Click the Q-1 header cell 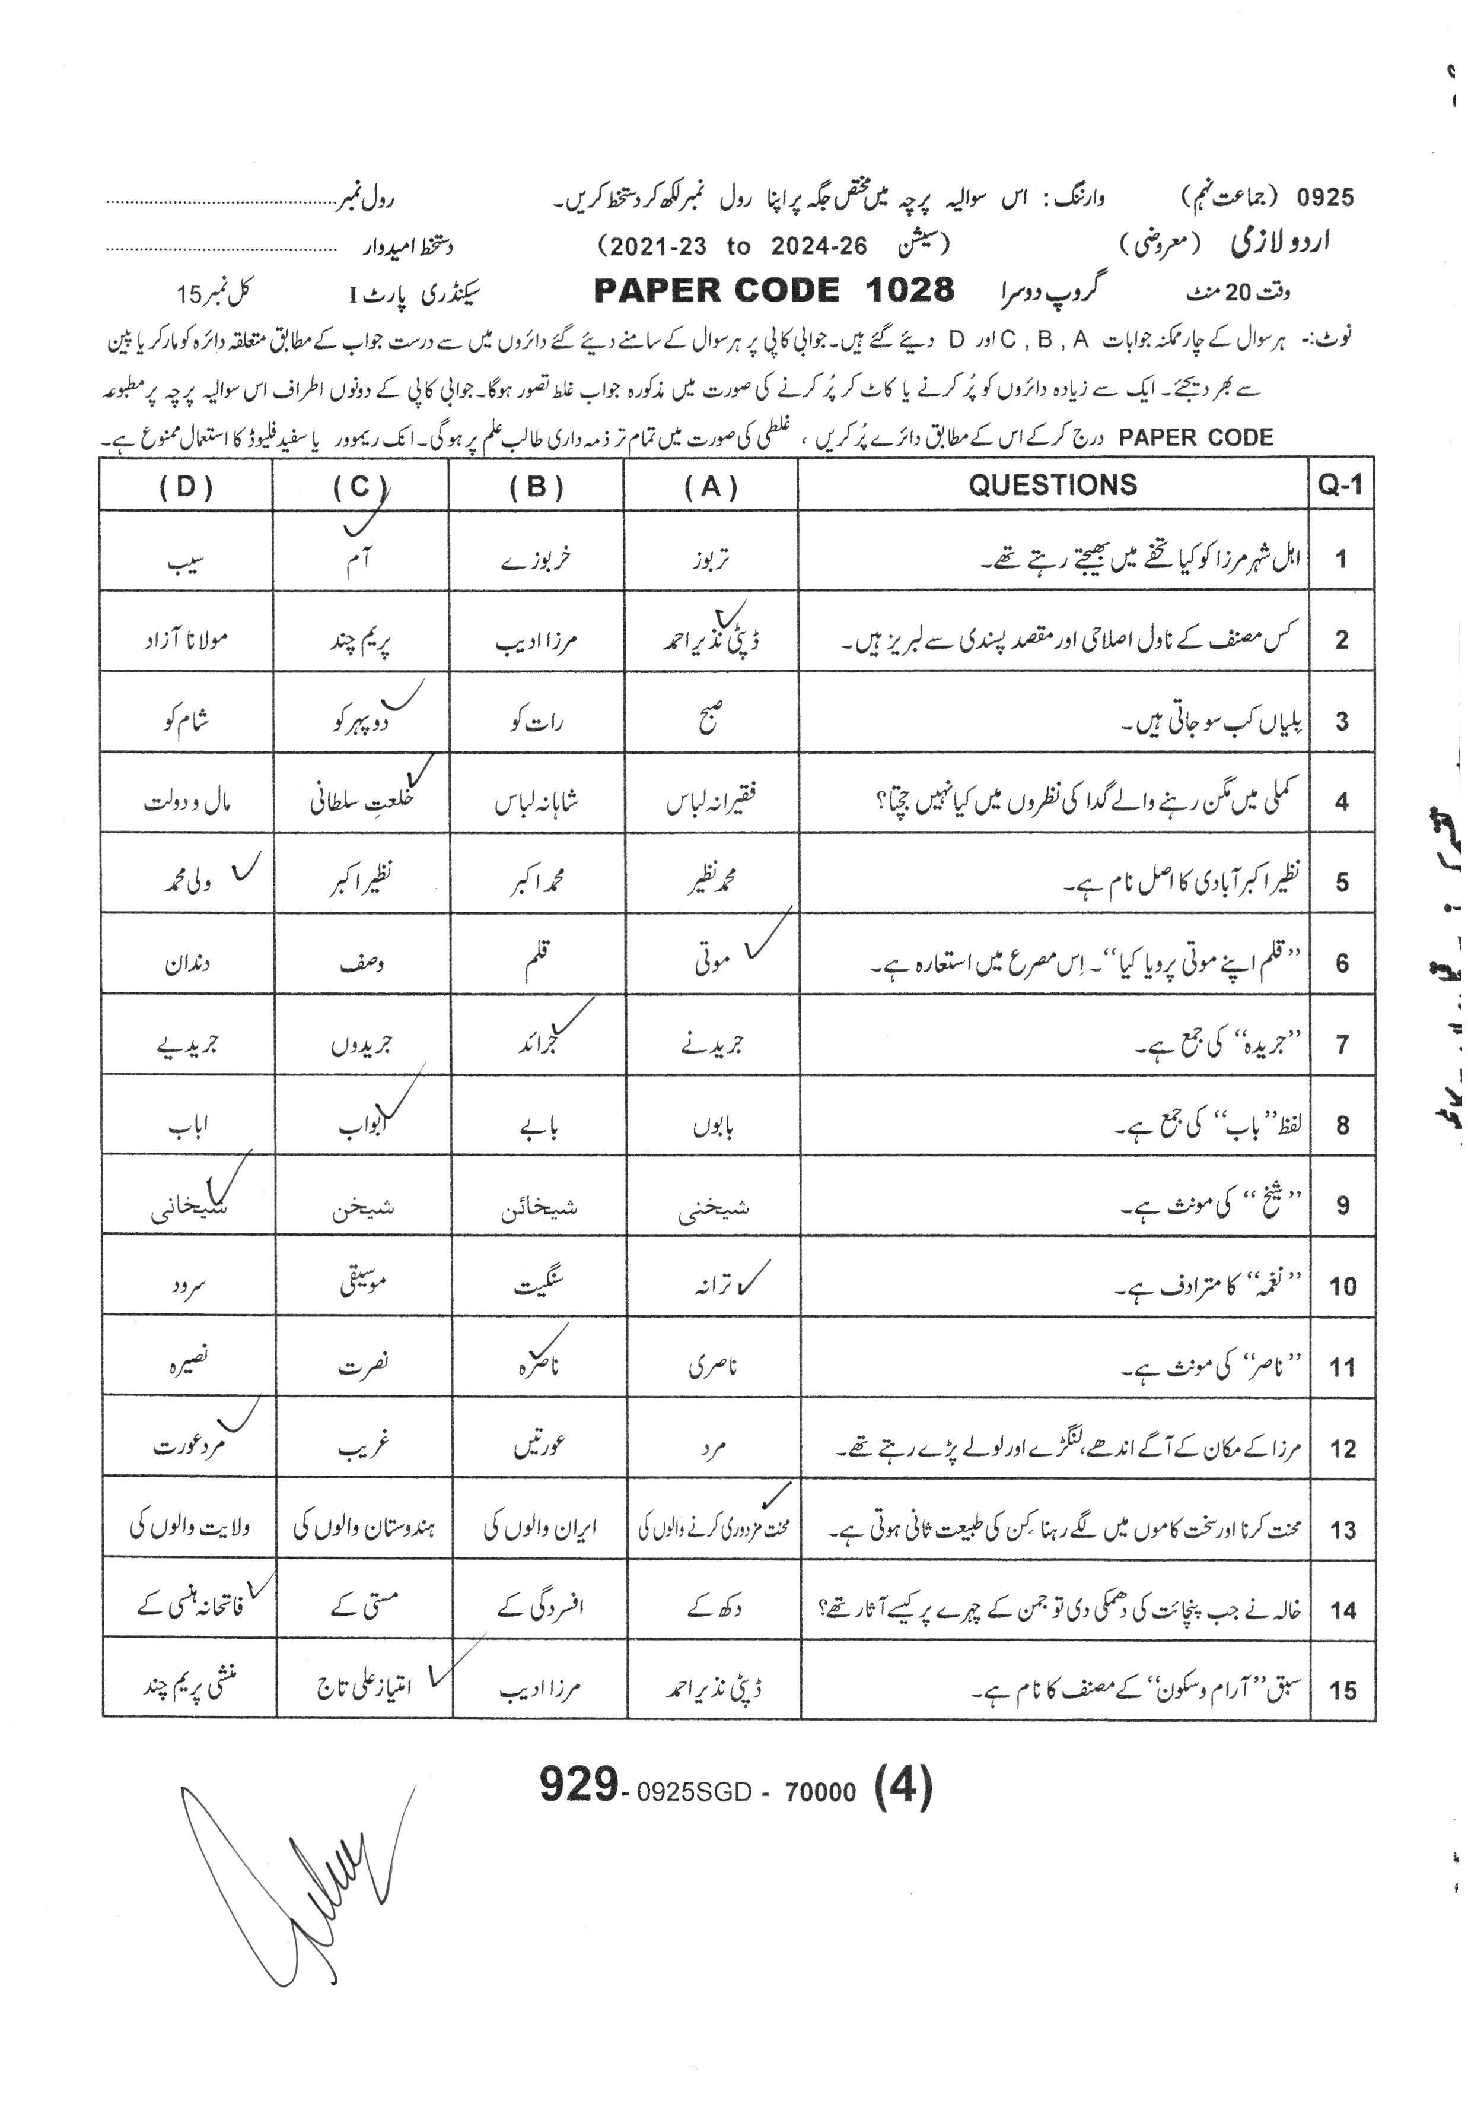(x=1340, y=486)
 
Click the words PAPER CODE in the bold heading (x=717, y=290)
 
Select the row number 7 (x=1342, y=1044)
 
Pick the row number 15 (x=1342, y=1690)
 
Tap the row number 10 (x=1342, y=1286)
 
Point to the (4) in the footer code (x=903, y=1788)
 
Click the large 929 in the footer (x=578, y=1785)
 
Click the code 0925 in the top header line (x=1324, y=196)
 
